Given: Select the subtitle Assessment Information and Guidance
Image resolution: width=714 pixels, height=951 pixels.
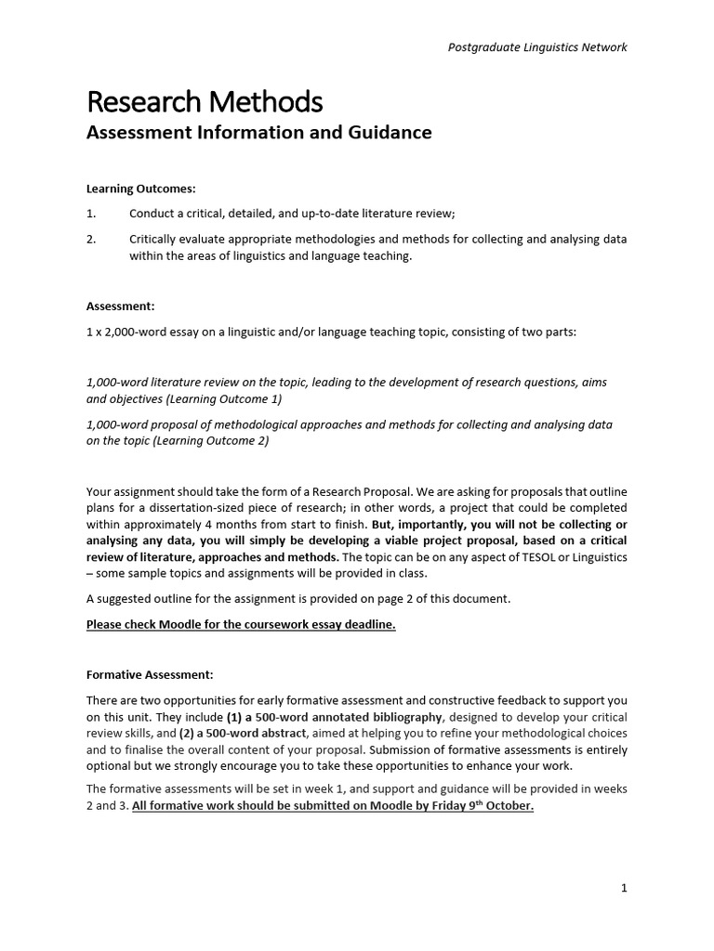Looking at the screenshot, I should coord(258,133).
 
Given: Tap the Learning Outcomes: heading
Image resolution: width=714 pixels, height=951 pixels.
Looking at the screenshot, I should coord(141,189).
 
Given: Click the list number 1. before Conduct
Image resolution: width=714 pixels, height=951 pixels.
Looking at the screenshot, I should coord(91,214).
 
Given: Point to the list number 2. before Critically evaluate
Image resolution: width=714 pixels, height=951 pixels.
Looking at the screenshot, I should coord(91,240).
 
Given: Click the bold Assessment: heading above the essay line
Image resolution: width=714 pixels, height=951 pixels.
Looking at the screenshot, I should coord(121,305).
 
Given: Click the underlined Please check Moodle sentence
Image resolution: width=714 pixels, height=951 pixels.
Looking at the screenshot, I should coord(241,624).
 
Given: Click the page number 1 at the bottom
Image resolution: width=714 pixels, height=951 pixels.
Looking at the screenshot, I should coord(624,888).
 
